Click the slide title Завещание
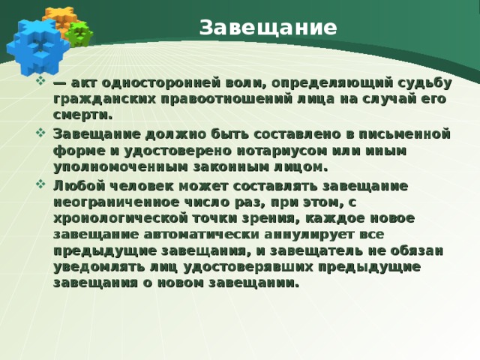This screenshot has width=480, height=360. (268, 28)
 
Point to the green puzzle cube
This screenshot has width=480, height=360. (79, 33)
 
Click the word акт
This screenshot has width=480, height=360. (85, 82)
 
